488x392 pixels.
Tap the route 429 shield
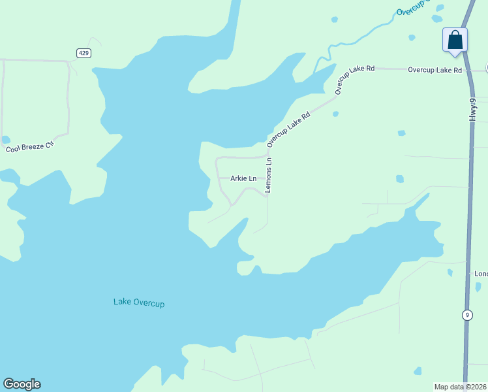coord(83,52)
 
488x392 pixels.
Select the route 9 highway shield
coord(466,315)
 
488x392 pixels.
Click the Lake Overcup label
coord(139,302)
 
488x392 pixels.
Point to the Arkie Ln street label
coord(243,178)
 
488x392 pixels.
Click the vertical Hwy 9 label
coord(473,107)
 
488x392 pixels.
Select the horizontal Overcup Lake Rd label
coord(435,70)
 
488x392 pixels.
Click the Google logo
coord(22,384)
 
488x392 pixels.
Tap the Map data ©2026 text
coord(460,387)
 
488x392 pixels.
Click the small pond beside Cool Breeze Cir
coord(6,139)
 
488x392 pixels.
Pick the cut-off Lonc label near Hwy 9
coord(481,274)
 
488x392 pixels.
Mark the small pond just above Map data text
coord(418,371)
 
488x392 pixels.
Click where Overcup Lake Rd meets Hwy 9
coord(469,70)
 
